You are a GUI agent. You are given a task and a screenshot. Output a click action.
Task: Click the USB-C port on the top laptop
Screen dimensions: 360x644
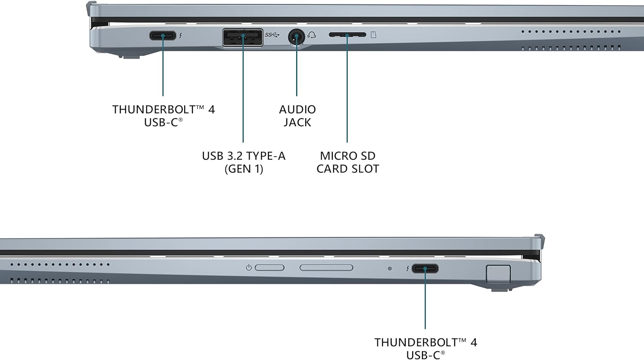162,35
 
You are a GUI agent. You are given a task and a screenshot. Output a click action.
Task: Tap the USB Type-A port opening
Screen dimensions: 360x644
243,37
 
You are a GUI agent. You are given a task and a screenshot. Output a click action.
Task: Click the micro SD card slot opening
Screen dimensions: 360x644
347,35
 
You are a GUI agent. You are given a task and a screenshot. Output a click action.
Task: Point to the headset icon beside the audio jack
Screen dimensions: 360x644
312,35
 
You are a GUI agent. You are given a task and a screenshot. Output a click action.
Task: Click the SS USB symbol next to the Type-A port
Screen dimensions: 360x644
272,35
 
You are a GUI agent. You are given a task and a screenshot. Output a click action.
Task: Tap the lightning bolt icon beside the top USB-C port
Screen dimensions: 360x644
181,36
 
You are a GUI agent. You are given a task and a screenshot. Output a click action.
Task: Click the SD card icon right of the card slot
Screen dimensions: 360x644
374,35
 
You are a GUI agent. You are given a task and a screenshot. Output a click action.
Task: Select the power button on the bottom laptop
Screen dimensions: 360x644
270,268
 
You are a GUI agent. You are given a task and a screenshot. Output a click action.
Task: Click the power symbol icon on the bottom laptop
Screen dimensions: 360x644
249,268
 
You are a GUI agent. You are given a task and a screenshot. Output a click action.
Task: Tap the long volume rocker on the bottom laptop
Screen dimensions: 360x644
326,268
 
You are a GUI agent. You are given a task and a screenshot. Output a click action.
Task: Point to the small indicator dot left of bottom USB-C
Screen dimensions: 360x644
389,268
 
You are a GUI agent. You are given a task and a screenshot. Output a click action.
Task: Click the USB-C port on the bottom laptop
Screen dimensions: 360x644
425,269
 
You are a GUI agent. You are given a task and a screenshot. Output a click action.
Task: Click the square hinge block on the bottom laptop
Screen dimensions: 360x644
498,274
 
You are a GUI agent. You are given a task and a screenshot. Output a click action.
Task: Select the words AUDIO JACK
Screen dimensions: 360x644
297,116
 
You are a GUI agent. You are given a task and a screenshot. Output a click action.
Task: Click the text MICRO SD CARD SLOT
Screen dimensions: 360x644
347,162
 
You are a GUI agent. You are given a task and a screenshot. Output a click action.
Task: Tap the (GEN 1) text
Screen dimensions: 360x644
244,168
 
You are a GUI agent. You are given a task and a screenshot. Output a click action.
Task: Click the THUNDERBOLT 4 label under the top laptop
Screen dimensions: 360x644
163,110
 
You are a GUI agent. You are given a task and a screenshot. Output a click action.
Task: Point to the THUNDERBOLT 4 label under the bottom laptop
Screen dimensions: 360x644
425,342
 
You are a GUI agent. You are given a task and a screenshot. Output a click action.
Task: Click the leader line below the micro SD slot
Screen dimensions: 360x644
347,95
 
